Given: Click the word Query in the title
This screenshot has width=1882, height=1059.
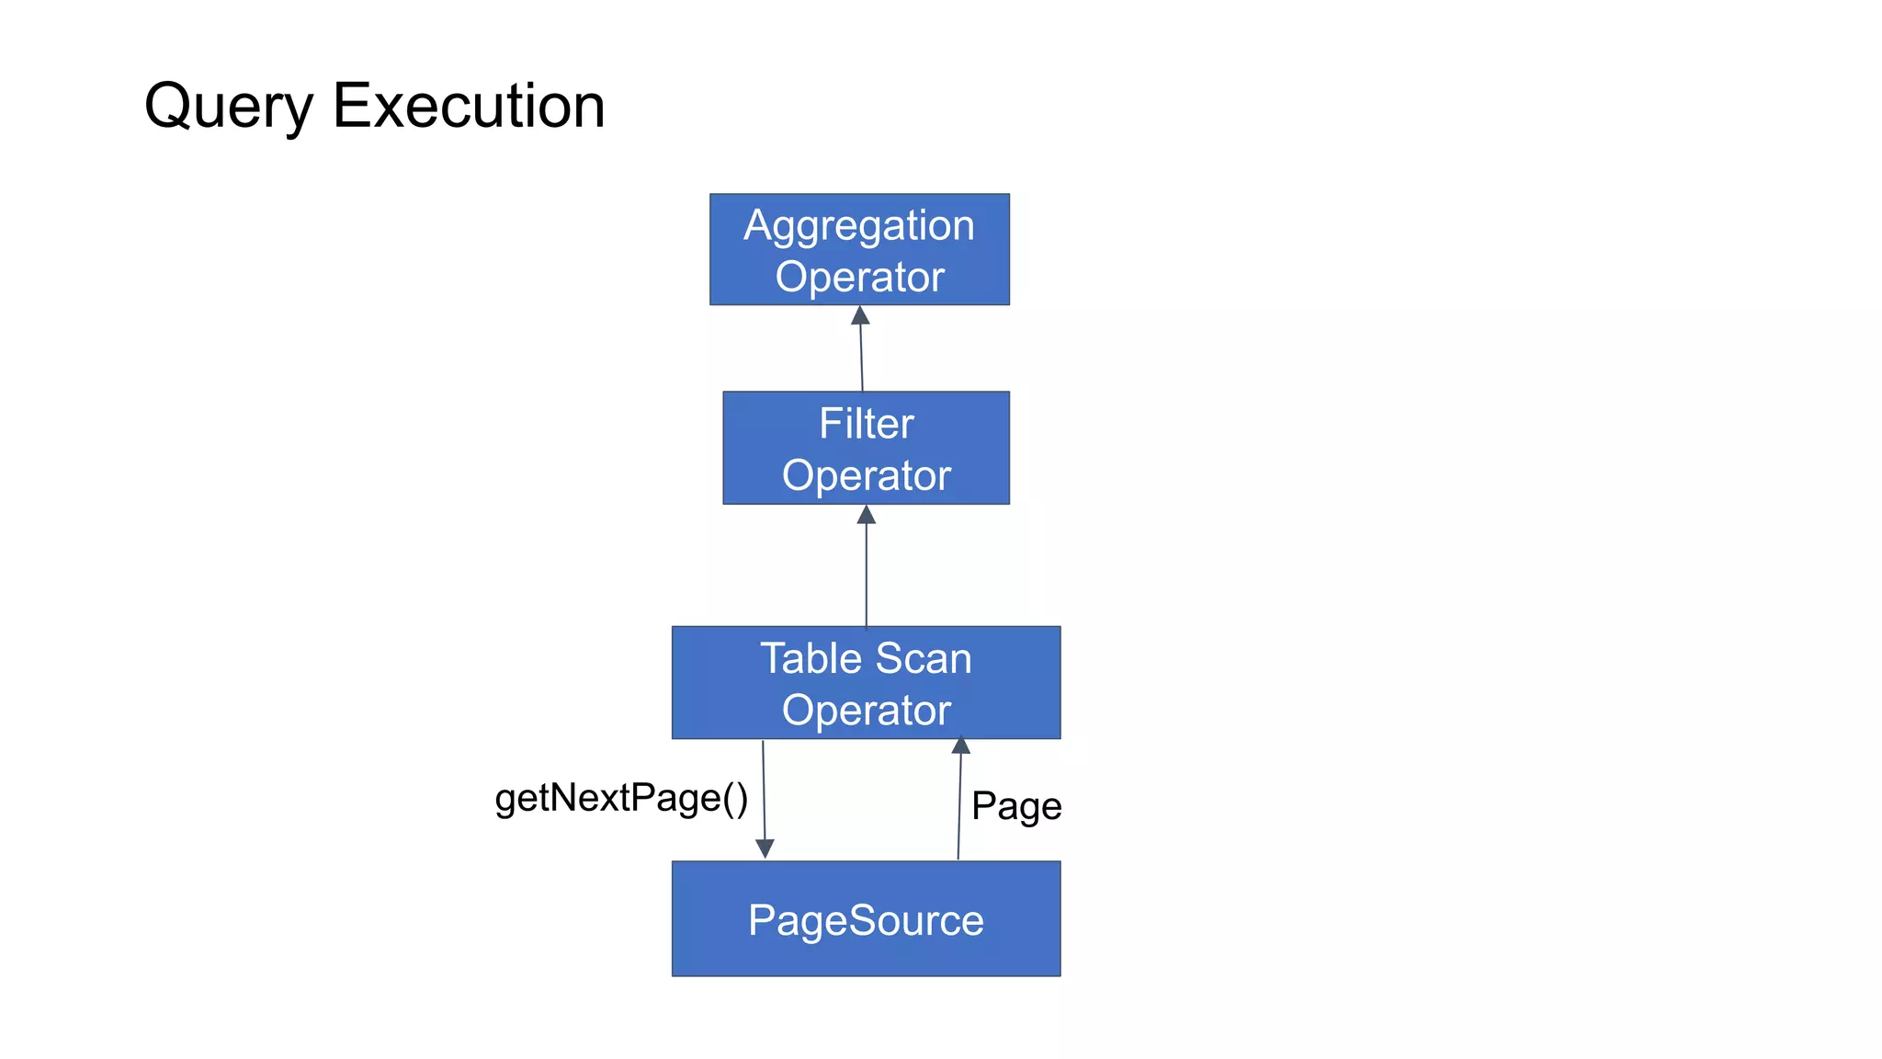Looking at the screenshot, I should (229, 107).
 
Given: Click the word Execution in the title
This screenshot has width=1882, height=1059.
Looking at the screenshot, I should (468, 106).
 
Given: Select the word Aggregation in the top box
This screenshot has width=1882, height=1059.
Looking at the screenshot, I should (858, 225).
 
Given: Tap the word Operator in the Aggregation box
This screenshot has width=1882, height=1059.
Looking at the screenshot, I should (859, 277).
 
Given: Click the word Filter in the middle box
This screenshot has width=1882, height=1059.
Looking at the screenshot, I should (866, 424).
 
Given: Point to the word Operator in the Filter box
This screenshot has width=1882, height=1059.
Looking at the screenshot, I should (866, 475).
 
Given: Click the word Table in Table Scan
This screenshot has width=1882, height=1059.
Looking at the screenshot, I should (810, 659).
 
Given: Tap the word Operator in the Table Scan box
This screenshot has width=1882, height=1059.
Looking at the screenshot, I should (866, 711).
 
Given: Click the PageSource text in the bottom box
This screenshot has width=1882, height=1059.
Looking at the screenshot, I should (866, 920).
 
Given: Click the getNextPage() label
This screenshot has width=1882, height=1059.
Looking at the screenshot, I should (621, 798).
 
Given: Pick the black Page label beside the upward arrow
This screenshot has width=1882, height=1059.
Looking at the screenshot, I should (1016, 806).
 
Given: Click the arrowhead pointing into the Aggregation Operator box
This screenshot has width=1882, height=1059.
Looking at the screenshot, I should (860, 316).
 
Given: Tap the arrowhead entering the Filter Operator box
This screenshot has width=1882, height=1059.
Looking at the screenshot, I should (866, 515).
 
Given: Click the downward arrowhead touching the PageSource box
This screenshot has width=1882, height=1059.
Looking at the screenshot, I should (765, 848).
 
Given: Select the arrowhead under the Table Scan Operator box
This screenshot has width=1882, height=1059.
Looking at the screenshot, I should (961, 746).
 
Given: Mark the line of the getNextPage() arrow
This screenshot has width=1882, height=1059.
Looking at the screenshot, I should (764, 791).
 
